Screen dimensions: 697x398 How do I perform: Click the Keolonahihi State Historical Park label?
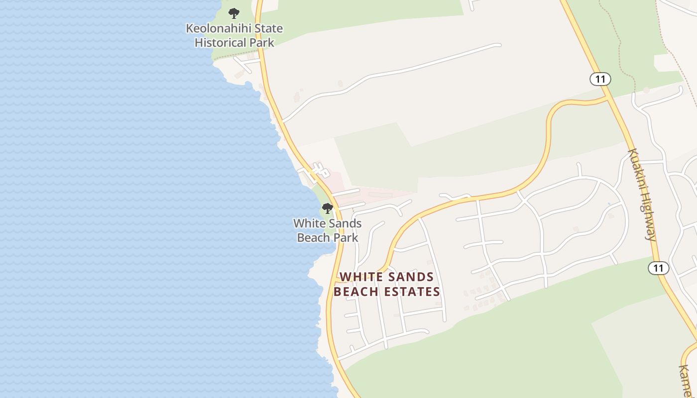pos(234,35)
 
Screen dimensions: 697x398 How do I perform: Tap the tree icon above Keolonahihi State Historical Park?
pos(234,13)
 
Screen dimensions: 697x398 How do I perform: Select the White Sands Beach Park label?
pos(327,230)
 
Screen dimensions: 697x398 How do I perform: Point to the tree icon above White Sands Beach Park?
pos(327,208)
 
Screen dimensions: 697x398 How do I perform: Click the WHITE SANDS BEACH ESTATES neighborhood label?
pos(387,284)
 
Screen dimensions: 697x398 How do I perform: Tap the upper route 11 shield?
pos(600,79)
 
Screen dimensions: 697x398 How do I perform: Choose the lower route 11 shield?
pos(658,268)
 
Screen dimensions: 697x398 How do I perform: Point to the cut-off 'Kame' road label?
pos(687,381)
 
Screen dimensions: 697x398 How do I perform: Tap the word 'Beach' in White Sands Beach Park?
pos(314,238)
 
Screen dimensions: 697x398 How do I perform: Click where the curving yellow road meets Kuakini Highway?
pos(608,98)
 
